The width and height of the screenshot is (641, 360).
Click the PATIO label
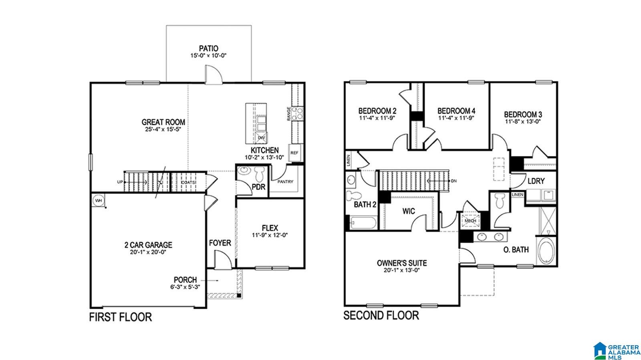[x=209, y=48]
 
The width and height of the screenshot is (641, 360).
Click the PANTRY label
[x=285, y=182]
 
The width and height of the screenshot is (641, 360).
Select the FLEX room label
[x=270, y=228]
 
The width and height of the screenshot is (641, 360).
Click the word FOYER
[x=220, y=243]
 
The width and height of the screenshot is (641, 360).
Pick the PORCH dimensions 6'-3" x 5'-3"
[x=185, y=287]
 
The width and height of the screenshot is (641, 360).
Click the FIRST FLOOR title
[x=120, y=318]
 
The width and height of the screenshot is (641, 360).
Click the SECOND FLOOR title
[x=381, y=316]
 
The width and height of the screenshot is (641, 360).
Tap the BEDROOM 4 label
[x=456, y=111]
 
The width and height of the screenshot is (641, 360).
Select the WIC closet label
[x=409, y=211]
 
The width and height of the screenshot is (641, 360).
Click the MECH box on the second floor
[x=470, y=220]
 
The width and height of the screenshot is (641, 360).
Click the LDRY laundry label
[x=536, y=181]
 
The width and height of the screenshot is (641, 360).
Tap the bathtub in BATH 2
[x=362, y=222]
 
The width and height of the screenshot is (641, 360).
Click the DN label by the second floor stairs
[x=454, y=181]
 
